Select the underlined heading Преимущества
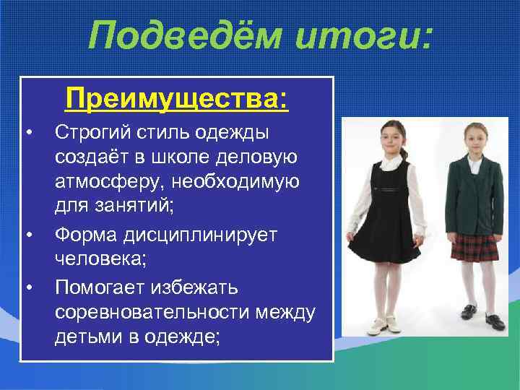(x=177, y=98)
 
